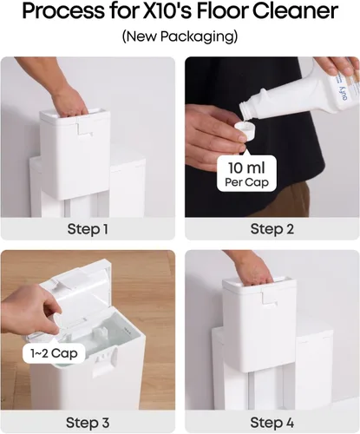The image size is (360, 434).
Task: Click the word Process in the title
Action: (62, 11)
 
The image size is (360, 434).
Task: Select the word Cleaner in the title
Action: (296, 11)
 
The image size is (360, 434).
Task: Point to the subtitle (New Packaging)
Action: (180, 36)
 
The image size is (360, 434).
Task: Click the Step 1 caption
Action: (88, 229)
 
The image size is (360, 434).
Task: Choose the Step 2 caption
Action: (272, 229)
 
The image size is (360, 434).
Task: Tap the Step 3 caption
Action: (88, 423)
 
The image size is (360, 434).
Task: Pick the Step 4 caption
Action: (272, 423)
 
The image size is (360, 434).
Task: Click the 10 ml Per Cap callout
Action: (246, 173)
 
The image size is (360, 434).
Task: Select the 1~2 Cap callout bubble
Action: (54, 353)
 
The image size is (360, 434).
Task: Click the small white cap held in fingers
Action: (245, 131)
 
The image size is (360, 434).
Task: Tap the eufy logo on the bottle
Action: (345, 94)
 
